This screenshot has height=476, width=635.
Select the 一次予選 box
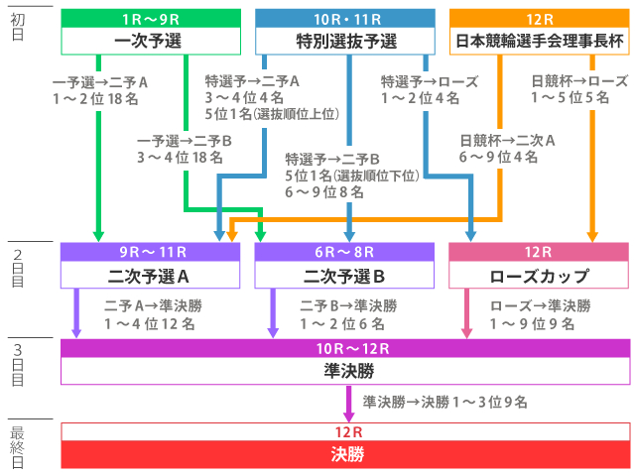coord(150,41)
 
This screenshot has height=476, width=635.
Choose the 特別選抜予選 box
coord(346,41)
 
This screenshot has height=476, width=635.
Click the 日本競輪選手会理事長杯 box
coord(540,41)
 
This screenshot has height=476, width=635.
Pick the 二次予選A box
coord(150,275)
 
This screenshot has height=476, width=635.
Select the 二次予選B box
coord(344,275)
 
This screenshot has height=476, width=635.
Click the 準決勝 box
coord(345,371)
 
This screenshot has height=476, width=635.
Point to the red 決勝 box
coord(345,455)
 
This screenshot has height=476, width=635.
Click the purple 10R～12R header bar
coord(345,348)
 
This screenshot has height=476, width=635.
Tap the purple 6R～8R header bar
coord(344,252)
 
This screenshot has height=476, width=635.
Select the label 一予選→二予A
coord(100,81)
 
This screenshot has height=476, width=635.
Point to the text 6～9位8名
coord(325,192)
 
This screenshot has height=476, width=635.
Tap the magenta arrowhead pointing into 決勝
coord(349,415)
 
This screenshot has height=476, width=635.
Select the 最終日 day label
coord(17,446)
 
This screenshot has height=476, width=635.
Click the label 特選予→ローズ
coord(430,81)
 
